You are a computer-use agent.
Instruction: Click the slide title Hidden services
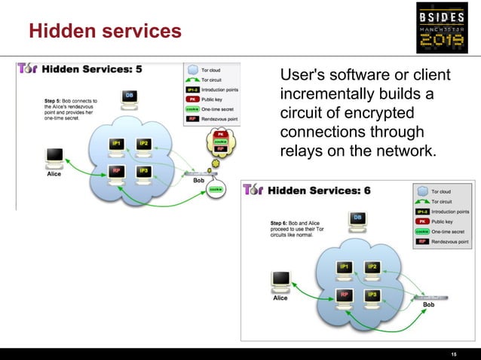(x=105, y=32)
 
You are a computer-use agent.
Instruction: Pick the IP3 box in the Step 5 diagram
(x=142, y=171)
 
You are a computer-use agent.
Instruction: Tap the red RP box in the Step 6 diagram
(x=345, y=294)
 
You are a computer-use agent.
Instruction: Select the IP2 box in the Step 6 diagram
(x=372, y=267)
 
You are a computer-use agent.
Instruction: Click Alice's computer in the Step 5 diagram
(x=54, y=157)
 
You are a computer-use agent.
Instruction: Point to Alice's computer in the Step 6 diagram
(x=280, y=280)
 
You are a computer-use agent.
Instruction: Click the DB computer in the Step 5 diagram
(x=129, y=98)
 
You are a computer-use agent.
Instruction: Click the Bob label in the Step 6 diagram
(x=428, y=305)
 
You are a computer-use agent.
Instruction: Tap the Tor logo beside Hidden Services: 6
(x=253, y=190)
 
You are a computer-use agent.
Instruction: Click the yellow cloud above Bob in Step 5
(x=221, y=142)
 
